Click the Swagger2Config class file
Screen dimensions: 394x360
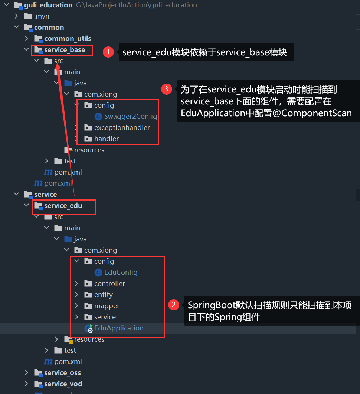coord(130,117)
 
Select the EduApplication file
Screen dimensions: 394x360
coord(119,328)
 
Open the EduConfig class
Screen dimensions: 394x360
coord(121,273)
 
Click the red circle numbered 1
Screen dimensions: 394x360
coord(108,52)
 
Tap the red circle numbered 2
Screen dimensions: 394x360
coord(173,305)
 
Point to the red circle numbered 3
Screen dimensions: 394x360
coord(167,89)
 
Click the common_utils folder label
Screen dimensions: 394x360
coord(68,39)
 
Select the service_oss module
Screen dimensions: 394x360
coord(62,373)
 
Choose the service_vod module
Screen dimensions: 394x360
coord(63,384)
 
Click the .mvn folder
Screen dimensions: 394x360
coord(42,16)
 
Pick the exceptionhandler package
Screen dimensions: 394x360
coord(122,128)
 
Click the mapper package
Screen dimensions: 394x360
coord(107,306)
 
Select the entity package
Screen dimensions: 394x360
coord(103,295)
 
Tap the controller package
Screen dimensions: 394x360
coord(109,284)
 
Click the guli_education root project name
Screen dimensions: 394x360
coord(53,5)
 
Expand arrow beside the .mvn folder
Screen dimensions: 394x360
coord(16,16)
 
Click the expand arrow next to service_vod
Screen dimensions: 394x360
coord(26,384)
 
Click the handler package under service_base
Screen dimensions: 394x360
coord(107,139)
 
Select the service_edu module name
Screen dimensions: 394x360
coord(63,206)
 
